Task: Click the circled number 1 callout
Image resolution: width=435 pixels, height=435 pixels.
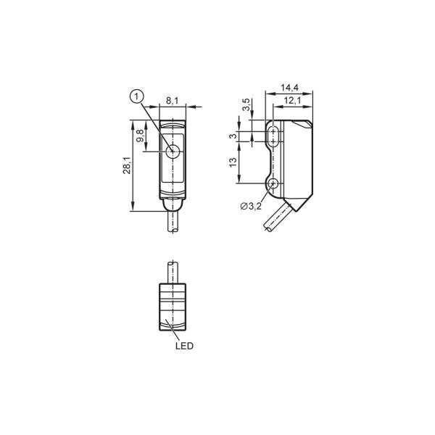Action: coord(136,97)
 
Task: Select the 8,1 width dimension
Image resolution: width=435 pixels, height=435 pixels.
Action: coord(173,101)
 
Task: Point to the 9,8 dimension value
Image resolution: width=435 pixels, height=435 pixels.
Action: coord(141,136)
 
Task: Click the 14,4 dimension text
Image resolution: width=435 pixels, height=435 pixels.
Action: coord(289,88)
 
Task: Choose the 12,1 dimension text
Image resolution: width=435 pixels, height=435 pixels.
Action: coord(293,101)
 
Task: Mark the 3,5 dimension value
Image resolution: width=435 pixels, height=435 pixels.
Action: coord(246,104)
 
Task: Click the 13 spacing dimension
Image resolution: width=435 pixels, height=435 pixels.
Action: coord(233,162)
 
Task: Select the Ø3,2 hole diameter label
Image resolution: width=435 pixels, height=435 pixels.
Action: coord(251,206)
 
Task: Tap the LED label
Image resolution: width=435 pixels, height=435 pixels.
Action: coord(184,346)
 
